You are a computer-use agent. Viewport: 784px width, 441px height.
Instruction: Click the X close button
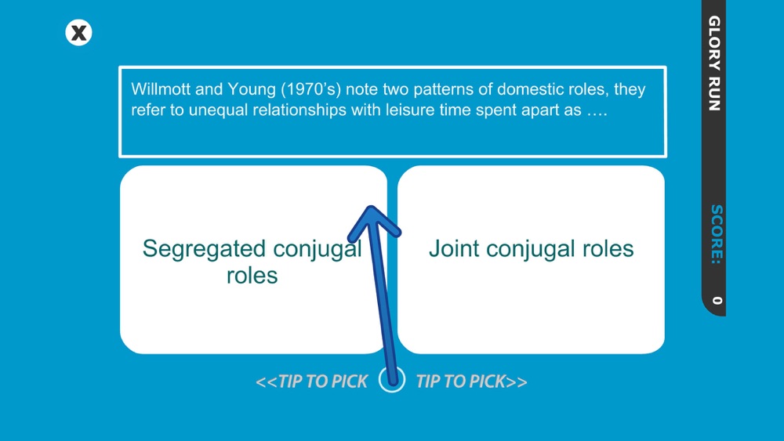click(x=78, y=33)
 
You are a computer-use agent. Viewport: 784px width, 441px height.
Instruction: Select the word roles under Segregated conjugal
click(x=252, y=276)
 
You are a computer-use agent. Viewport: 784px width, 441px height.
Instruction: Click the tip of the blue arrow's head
click(x=371, y=206)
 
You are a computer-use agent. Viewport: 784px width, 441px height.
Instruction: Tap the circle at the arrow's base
click(x=392, y=380)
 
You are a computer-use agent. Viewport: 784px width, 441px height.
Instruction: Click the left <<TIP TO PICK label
click(x=311, y=381)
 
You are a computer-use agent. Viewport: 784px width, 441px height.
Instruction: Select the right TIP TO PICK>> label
click(x=471, y=381)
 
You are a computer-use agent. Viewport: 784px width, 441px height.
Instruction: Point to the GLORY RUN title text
click(x=714, y=63)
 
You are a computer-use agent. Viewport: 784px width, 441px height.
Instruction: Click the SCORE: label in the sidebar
click(x=717, y=233)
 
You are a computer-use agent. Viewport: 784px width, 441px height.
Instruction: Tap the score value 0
click(x=717, y=301)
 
